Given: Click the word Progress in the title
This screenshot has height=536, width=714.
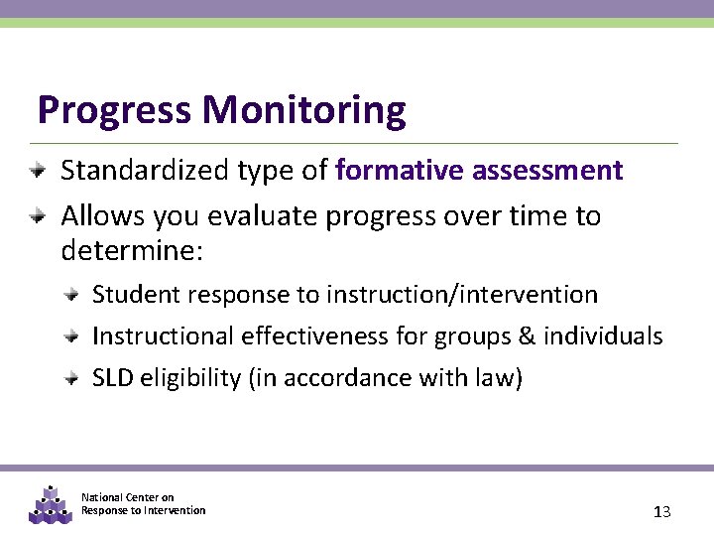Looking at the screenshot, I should click(x=114, y=110).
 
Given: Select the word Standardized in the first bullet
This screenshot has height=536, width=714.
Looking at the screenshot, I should click(x=146, y=171).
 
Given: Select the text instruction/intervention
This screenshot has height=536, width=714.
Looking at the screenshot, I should click(x=462, y=295).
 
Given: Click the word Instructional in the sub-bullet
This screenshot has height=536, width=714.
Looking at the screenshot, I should click(x=164, y=336).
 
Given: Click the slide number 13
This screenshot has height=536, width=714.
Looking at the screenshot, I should click(x=662, y=512).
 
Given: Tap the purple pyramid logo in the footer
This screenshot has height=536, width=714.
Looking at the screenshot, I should click(x=51, y=505).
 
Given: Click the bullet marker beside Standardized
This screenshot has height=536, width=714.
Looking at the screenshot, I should click(x=37, y=170).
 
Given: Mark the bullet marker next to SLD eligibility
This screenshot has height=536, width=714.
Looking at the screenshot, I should click(x=72, y=378).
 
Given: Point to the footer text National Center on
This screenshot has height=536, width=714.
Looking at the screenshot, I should click(x=127, y=497).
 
